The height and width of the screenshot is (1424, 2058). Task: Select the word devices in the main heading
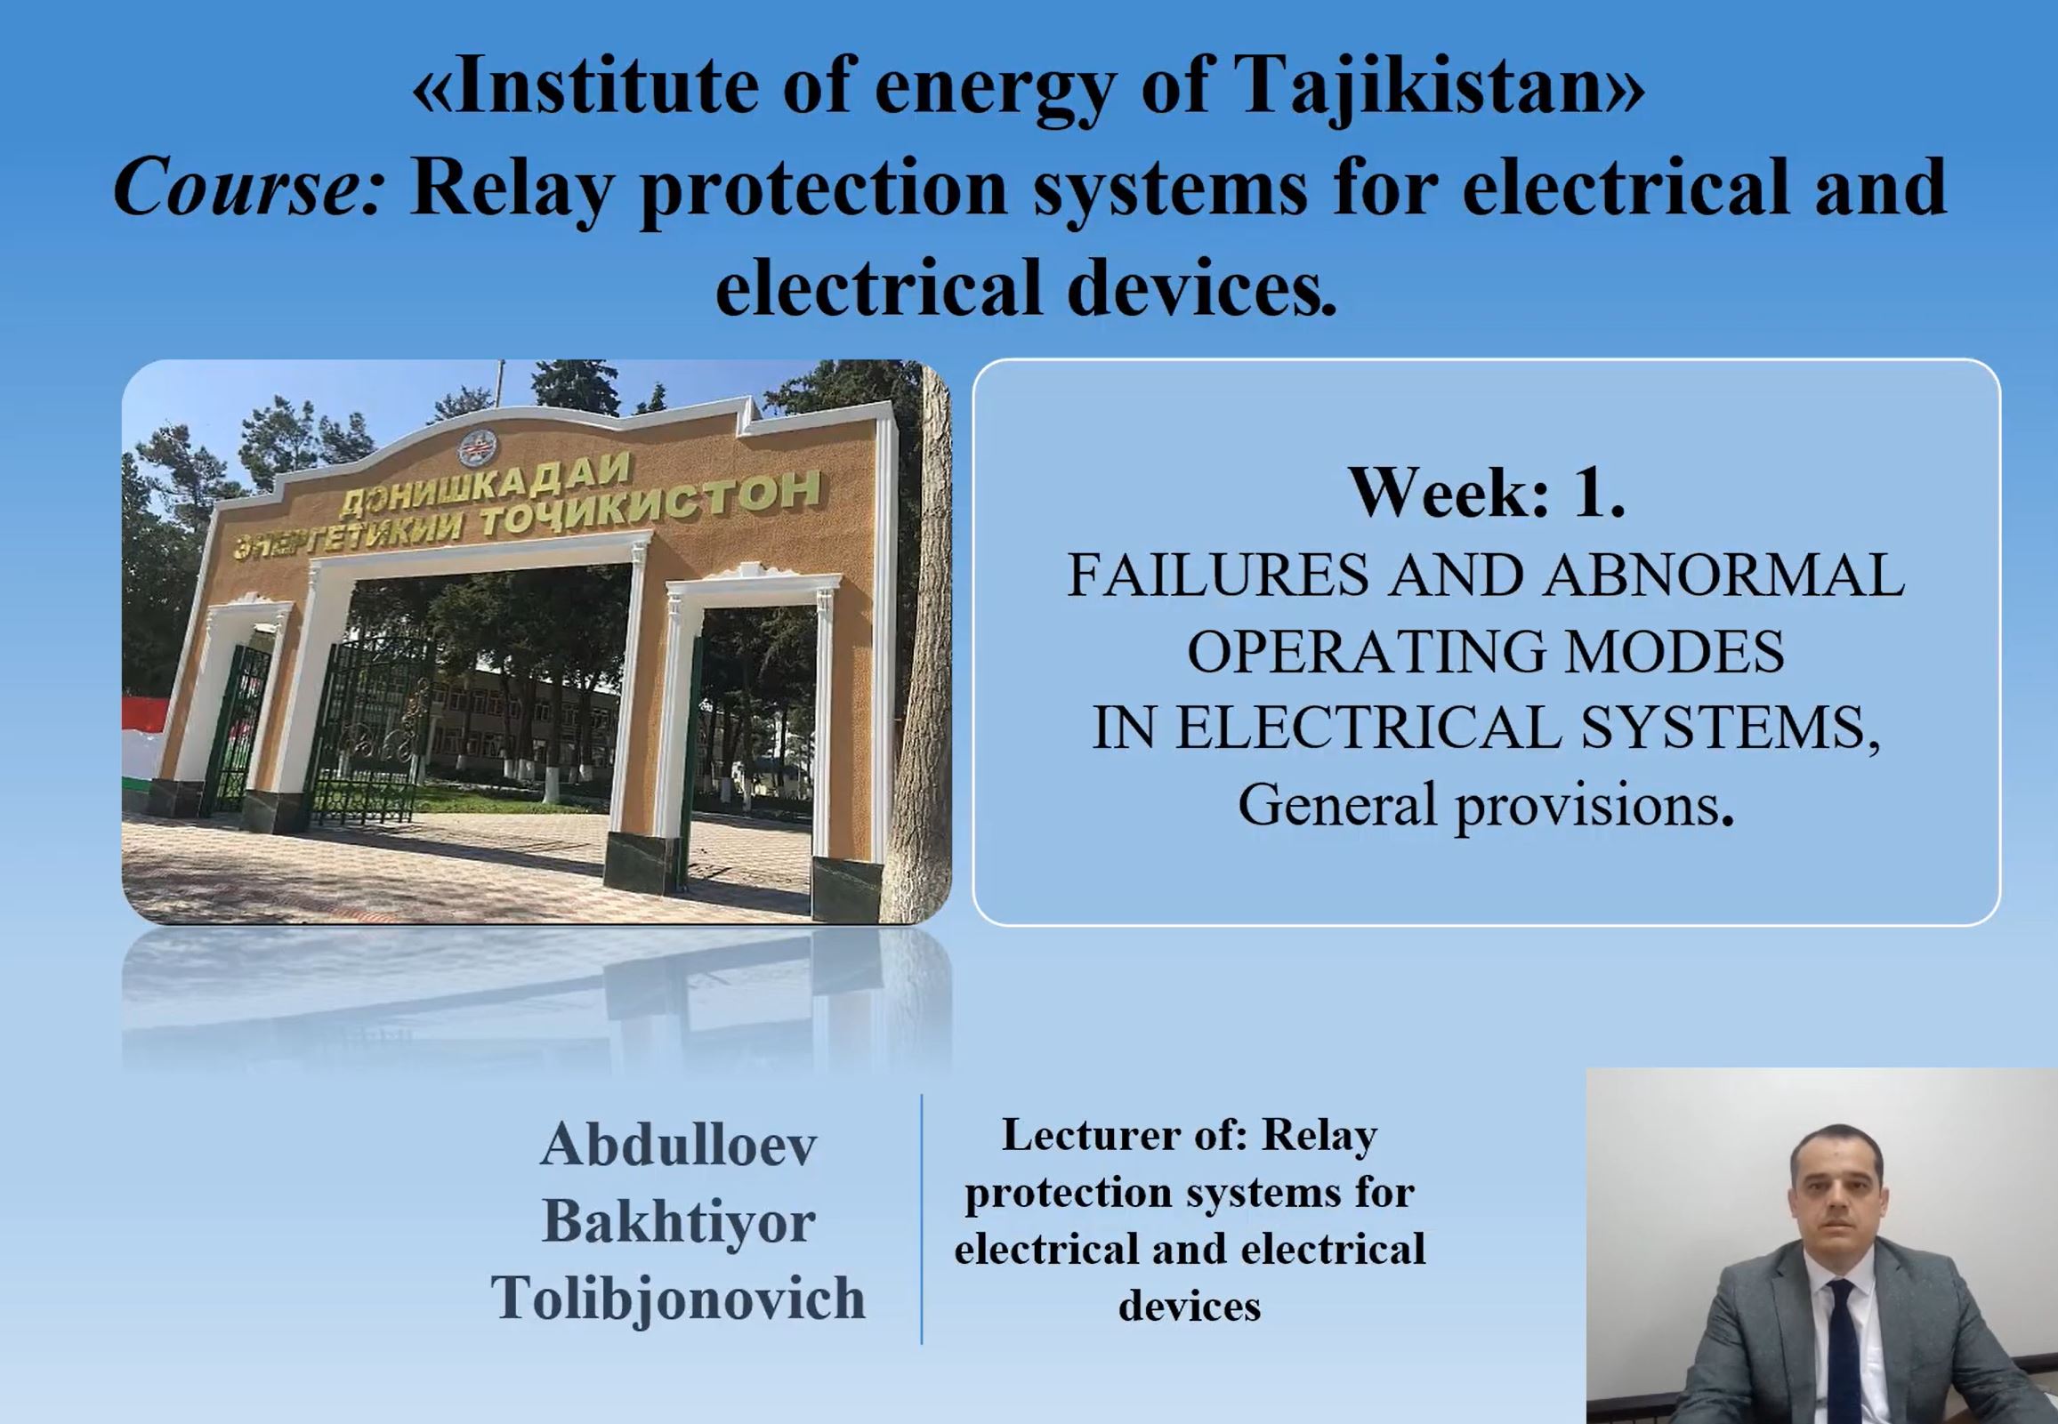[x=1201, y=288]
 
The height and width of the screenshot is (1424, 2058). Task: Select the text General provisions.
[x=1486, y=805]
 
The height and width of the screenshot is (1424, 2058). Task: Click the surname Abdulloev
[x=678, y=1144]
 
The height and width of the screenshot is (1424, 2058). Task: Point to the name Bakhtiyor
[x=678, y=1220]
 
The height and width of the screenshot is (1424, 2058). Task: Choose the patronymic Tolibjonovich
[x=678, y=1298]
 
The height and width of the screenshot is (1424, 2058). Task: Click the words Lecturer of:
[x=1126, y=1135]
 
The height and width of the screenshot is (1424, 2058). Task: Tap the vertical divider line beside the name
[x=921, y=1219]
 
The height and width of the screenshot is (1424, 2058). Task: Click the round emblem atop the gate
[x=479, y=447]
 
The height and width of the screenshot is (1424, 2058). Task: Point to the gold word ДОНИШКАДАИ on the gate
[x=486, y=487]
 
